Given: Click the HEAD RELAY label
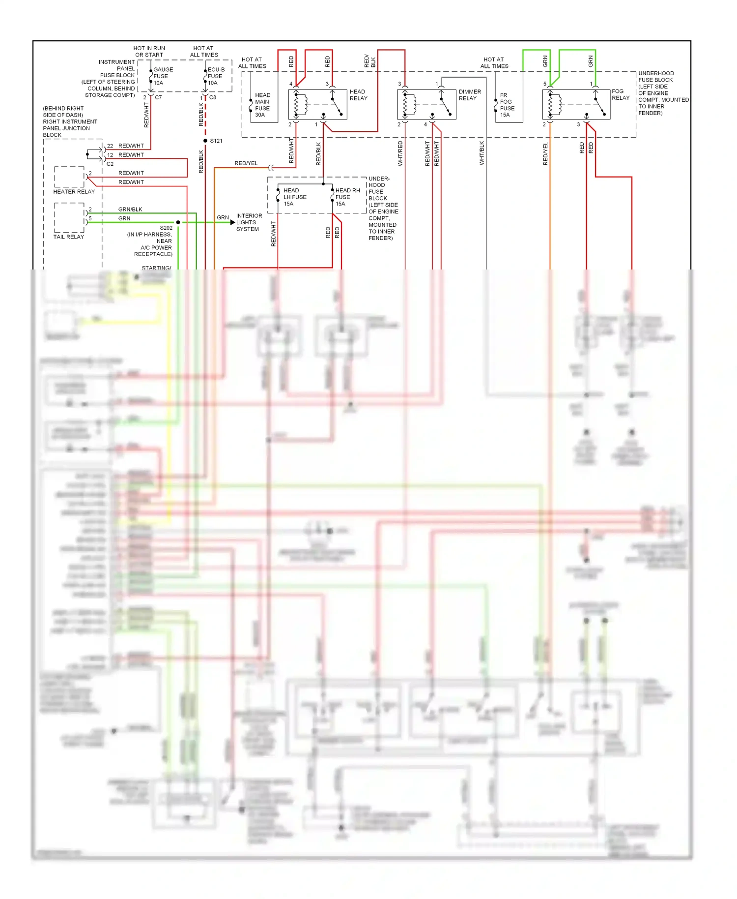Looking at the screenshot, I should click(x=358, y=95).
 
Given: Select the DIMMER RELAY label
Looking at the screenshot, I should click(x=469, y=95).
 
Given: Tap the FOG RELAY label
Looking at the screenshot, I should click(x=620, y=94).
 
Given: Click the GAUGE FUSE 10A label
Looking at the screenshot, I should click(x=163, y=76).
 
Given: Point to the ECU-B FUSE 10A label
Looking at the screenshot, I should click(x=216, y=76).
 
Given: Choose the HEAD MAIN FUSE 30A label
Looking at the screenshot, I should click(x=262, y=105).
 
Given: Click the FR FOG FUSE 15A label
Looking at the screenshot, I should click(x=507, y=105).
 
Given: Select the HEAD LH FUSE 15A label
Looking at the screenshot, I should click(x=294, y=197).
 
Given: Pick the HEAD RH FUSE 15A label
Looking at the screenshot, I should click(x=347, y=197).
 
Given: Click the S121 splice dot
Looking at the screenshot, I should click(x=205, y=141).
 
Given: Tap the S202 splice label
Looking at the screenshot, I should click(x=166, y=228).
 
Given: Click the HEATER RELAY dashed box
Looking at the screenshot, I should click(x=69, y=177).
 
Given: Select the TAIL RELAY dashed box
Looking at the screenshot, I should click(x=69, y=217).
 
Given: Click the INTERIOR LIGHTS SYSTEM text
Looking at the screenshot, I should click(x=249, y=222).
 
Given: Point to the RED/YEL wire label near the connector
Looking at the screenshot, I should click(x=246, y=163).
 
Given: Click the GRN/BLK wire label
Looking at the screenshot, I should click(x=130, y=209).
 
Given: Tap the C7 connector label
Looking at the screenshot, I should click(x=158, y=97).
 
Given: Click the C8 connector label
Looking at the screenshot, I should click(x=213, y=97).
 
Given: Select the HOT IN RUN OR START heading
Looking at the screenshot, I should click(x=149, y=52).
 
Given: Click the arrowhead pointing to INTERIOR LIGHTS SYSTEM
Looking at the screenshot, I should click(x=232, y=222).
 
